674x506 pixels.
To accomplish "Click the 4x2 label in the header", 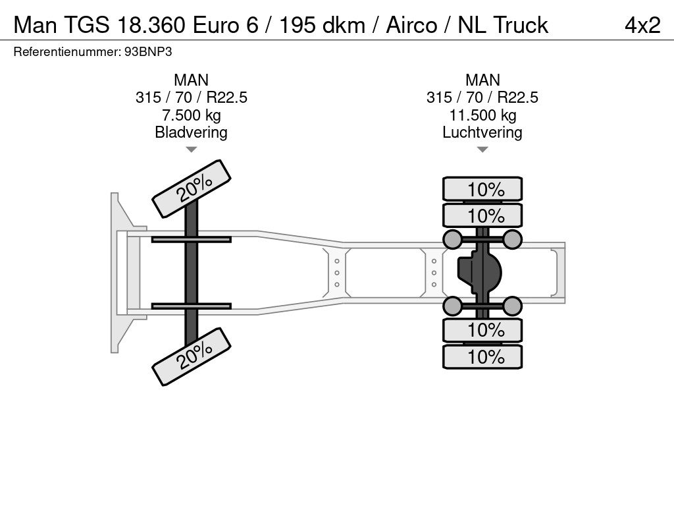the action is pos(642,26).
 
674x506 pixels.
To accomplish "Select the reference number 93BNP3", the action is pos(148,52).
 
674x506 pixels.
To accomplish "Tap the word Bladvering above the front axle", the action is pos(192,132).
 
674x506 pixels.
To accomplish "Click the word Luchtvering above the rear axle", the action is pos(482,132).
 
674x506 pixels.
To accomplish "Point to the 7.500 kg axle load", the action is pos(192,115).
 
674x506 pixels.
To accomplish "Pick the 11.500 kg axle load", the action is pos(482,115).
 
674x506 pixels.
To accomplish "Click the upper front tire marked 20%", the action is pos(192,189).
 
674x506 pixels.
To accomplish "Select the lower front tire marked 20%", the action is pos(192,356).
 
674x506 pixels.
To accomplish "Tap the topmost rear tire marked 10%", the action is pos(482,189).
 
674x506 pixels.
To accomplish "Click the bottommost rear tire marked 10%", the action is pos(482,356).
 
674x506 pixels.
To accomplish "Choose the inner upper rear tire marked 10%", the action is pos(482,215).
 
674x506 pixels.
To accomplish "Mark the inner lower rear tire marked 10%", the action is pos(482,330).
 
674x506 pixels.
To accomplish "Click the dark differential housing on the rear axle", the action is pos(479,272).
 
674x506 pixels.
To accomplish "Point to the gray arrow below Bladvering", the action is pos(192,150).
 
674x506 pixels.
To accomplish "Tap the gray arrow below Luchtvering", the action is pos(482,150).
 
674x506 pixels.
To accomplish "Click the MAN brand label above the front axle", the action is pos(192,80).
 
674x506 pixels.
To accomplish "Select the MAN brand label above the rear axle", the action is pos(482,80).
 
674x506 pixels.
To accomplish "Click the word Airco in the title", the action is pos(411,26).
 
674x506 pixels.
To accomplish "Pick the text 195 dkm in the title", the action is pos(323,26).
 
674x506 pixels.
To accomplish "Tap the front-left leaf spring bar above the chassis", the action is pos(192,239).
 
